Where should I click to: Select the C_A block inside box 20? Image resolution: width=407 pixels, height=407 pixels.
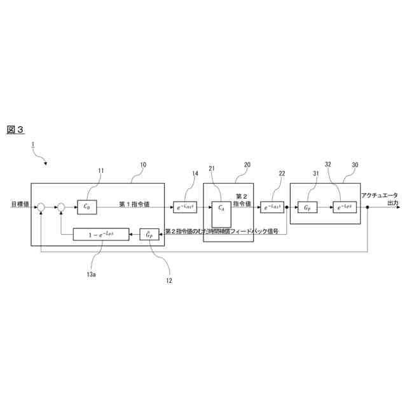[x=221, y=207]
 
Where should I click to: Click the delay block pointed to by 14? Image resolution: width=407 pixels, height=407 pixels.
[x=185, y=207]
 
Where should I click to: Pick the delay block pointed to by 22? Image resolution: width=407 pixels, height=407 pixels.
[x=272, y=207]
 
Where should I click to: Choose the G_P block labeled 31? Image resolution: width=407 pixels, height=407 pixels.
[x=307, y=207]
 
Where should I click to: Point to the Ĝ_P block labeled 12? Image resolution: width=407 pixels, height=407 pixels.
[x=149, y=235]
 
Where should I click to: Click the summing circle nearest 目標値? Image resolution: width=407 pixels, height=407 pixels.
[x=41, y=206]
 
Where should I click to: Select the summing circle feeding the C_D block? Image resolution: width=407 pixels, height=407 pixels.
[x=62, y=206]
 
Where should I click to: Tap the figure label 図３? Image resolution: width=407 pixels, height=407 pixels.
[x=15, y=129]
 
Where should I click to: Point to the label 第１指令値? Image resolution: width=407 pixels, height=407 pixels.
[x=134, y=204]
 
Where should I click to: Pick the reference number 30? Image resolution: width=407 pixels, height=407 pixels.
[x=354, y=165]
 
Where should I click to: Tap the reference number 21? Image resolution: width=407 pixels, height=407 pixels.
[x=212, y=169]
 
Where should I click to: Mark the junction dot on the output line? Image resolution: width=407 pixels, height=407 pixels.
[x=368, y=207]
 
